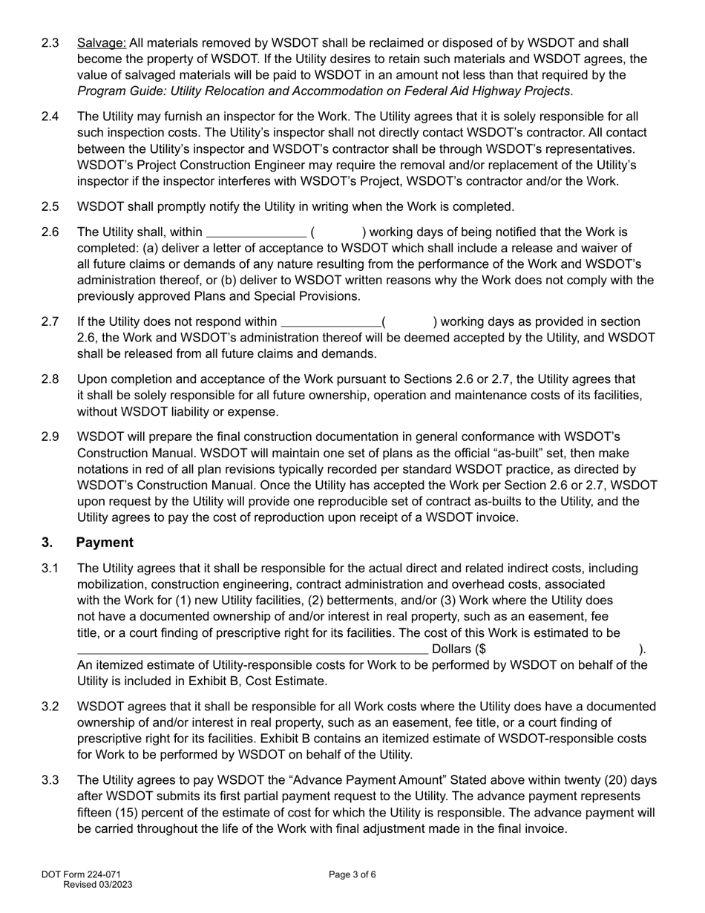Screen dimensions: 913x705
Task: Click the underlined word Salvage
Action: [102, 43]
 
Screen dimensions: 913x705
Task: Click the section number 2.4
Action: [50, 117]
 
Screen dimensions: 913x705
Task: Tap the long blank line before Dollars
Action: [252, 649]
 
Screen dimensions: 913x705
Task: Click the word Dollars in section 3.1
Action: [453, 649]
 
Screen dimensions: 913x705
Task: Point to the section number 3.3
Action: [50, 780]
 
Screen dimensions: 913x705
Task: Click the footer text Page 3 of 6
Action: [352, 874]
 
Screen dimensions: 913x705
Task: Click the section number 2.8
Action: [50, 379]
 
